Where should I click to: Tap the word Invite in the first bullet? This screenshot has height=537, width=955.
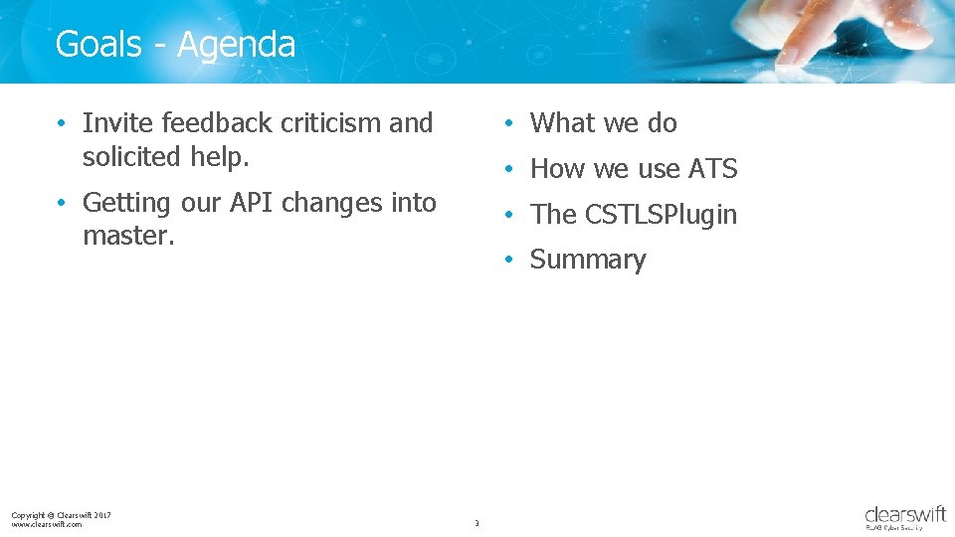pos(118,123)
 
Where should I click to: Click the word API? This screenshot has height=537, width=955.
pos(251,203)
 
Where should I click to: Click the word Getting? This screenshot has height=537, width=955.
pos(126,203)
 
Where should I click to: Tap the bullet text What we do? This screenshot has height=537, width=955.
pos(603,123)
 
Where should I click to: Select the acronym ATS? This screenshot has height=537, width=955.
pos(712,169)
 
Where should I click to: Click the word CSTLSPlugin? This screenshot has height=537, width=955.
pos(661,215)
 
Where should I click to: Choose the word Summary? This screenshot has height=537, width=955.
pos(588,260)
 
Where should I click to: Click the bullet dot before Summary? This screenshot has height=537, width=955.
pos(507,260)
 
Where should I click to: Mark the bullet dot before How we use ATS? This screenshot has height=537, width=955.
pos(507,169)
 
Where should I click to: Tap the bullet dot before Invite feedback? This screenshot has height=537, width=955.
pos(62,123)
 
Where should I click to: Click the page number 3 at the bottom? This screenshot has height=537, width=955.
pos(477,523)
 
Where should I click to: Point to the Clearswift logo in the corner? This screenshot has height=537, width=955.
pos(905,517)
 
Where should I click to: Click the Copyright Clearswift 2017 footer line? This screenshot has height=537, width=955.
pos(61,514)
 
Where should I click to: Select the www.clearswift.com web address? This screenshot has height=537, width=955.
pos(47,524)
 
